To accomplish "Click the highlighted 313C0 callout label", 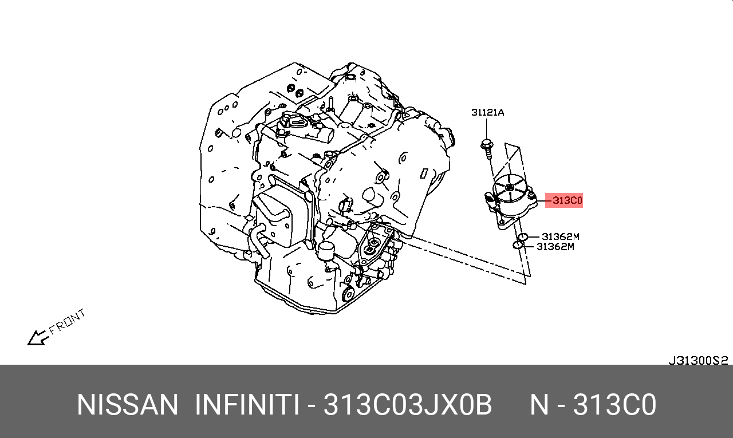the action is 567,200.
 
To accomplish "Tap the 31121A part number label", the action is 487,113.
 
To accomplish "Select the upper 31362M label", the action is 561,236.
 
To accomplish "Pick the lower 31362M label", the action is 555,246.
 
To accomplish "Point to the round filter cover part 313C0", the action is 511,200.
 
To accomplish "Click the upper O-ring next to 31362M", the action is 522,237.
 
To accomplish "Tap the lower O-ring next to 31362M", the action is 517,245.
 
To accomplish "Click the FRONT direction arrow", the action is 38,338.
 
